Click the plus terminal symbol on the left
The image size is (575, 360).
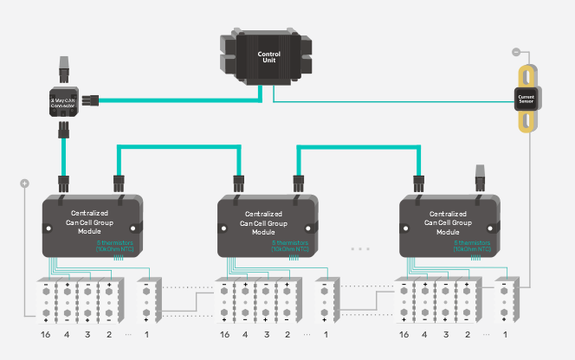[x=25, y=183]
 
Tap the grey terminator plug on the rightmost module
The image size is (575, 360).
[x=479, y=179]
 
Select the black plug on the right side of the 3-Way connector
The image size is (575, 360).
[x=90, y=100]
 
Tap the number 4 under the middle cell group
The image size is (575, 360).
[x=246, y=334]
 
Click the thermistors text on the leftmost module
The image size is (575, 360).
[x=114, y=247]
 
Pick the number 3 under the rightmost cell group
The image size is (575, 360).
[x=446, y=334]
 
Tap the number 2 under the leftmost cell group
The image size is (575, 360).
[x=108, y=334]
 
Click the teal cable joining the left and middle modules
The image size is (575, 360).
[x=178, y=148]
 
